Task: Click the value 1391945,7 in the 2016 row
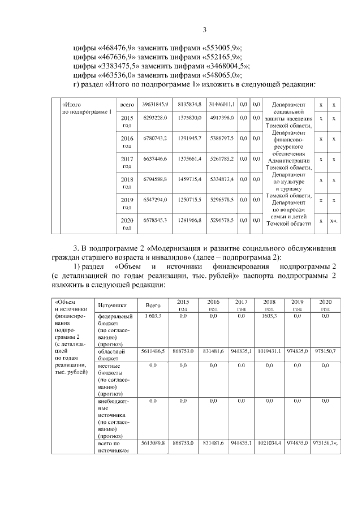[x=189, y=139]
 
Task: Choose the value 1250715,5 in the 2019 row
[x=189, y=200]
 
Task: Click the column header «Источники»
[x=111, y=305]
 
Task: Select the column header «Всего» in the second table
[x=153, y=305]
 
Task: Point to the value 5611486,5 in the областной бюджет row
[x=153, y=351]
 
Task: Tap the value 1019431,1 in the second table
[x=269, y=351]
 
